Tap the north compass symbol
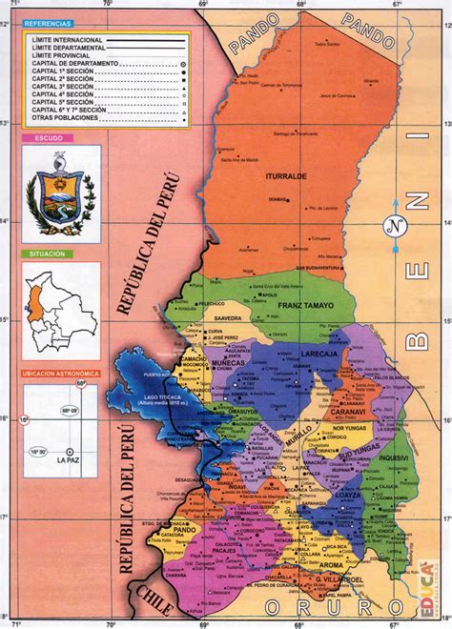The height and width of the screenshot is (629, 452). tap(393, 227)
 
